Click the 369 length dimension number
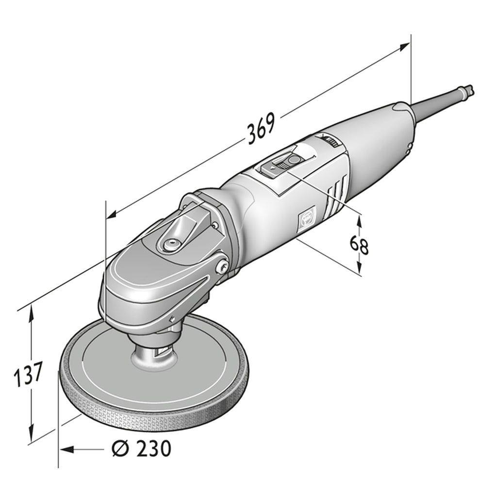pyautogui.click(x=261, y=128)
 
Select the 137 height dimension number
pyautogui.click(x=28, y=375)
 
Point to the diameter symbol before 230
pyautogui.click(x=121, y=448)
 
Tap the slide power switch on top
pyautogui.click(x=281, y=162)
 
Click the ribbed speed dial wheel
pyautogui.click(x=330, y=140)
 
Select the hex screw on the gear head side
pyautogui.click(x=223, y=267)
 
